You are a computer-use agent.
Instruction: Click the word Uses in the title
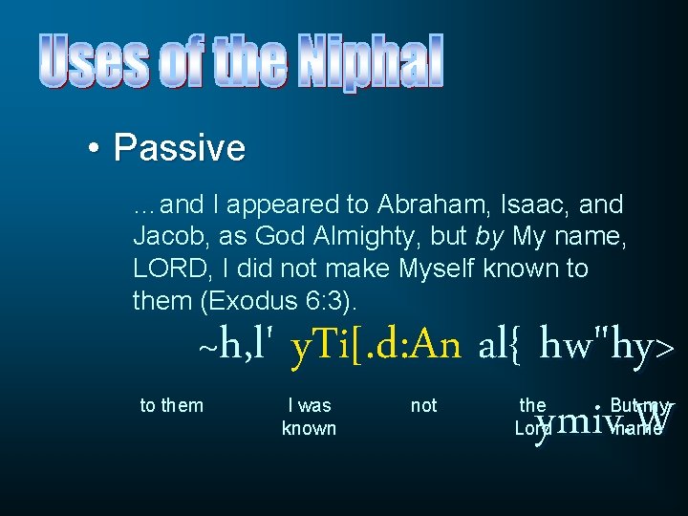(94, 62)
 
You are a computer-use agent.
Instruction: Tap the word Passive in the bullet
(179, 148)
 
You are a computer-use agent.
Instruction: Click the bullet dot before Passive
(94, 149)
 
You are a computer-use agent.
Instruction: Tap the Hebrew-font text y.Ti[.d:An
(375, 345)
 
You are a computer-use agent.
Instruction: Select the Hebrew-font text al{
(499, 345)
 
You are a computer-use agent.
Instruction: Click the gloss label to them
(172, 405)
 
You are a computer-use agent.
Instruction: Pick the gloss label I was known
(309, 417)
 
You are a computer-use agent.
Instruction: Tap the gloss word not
(423, 405)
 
